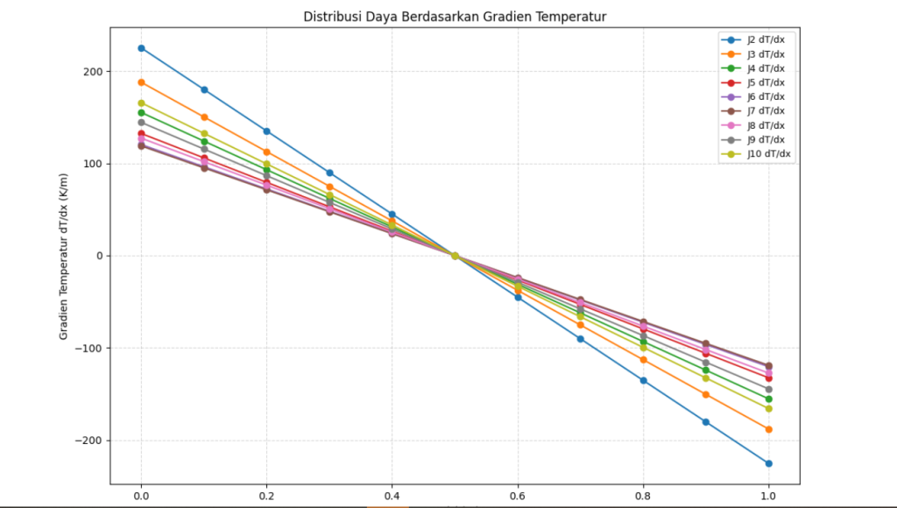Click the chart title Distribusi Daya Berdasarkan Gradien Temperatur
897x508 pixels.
pos(455,17)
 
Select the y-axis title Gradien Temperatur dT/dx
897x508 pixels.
pos(65,256)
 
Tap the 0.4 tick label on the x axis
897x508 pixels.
pos(392,495)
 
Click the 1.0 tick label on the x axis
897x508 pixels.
pos(768,495)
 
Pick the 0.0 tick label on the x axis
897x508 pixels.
pos(141,495)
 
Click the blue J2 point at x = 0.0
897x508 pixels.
pos(141,48)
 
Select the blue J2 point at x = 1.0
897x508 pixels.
pos(769,463)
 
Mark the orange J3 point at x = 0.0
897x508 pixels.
pos(141,82)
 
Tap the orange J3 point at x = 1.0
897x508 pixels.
pos(769,429)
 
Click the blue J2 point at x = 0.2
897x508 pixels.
pos(266,131)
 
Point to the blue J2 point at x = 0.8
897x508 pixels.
pos(643,380)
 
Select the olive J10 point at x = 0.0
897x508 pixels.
pos(141,103)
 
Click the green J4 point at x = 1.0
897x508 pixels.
pos(769,399)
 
